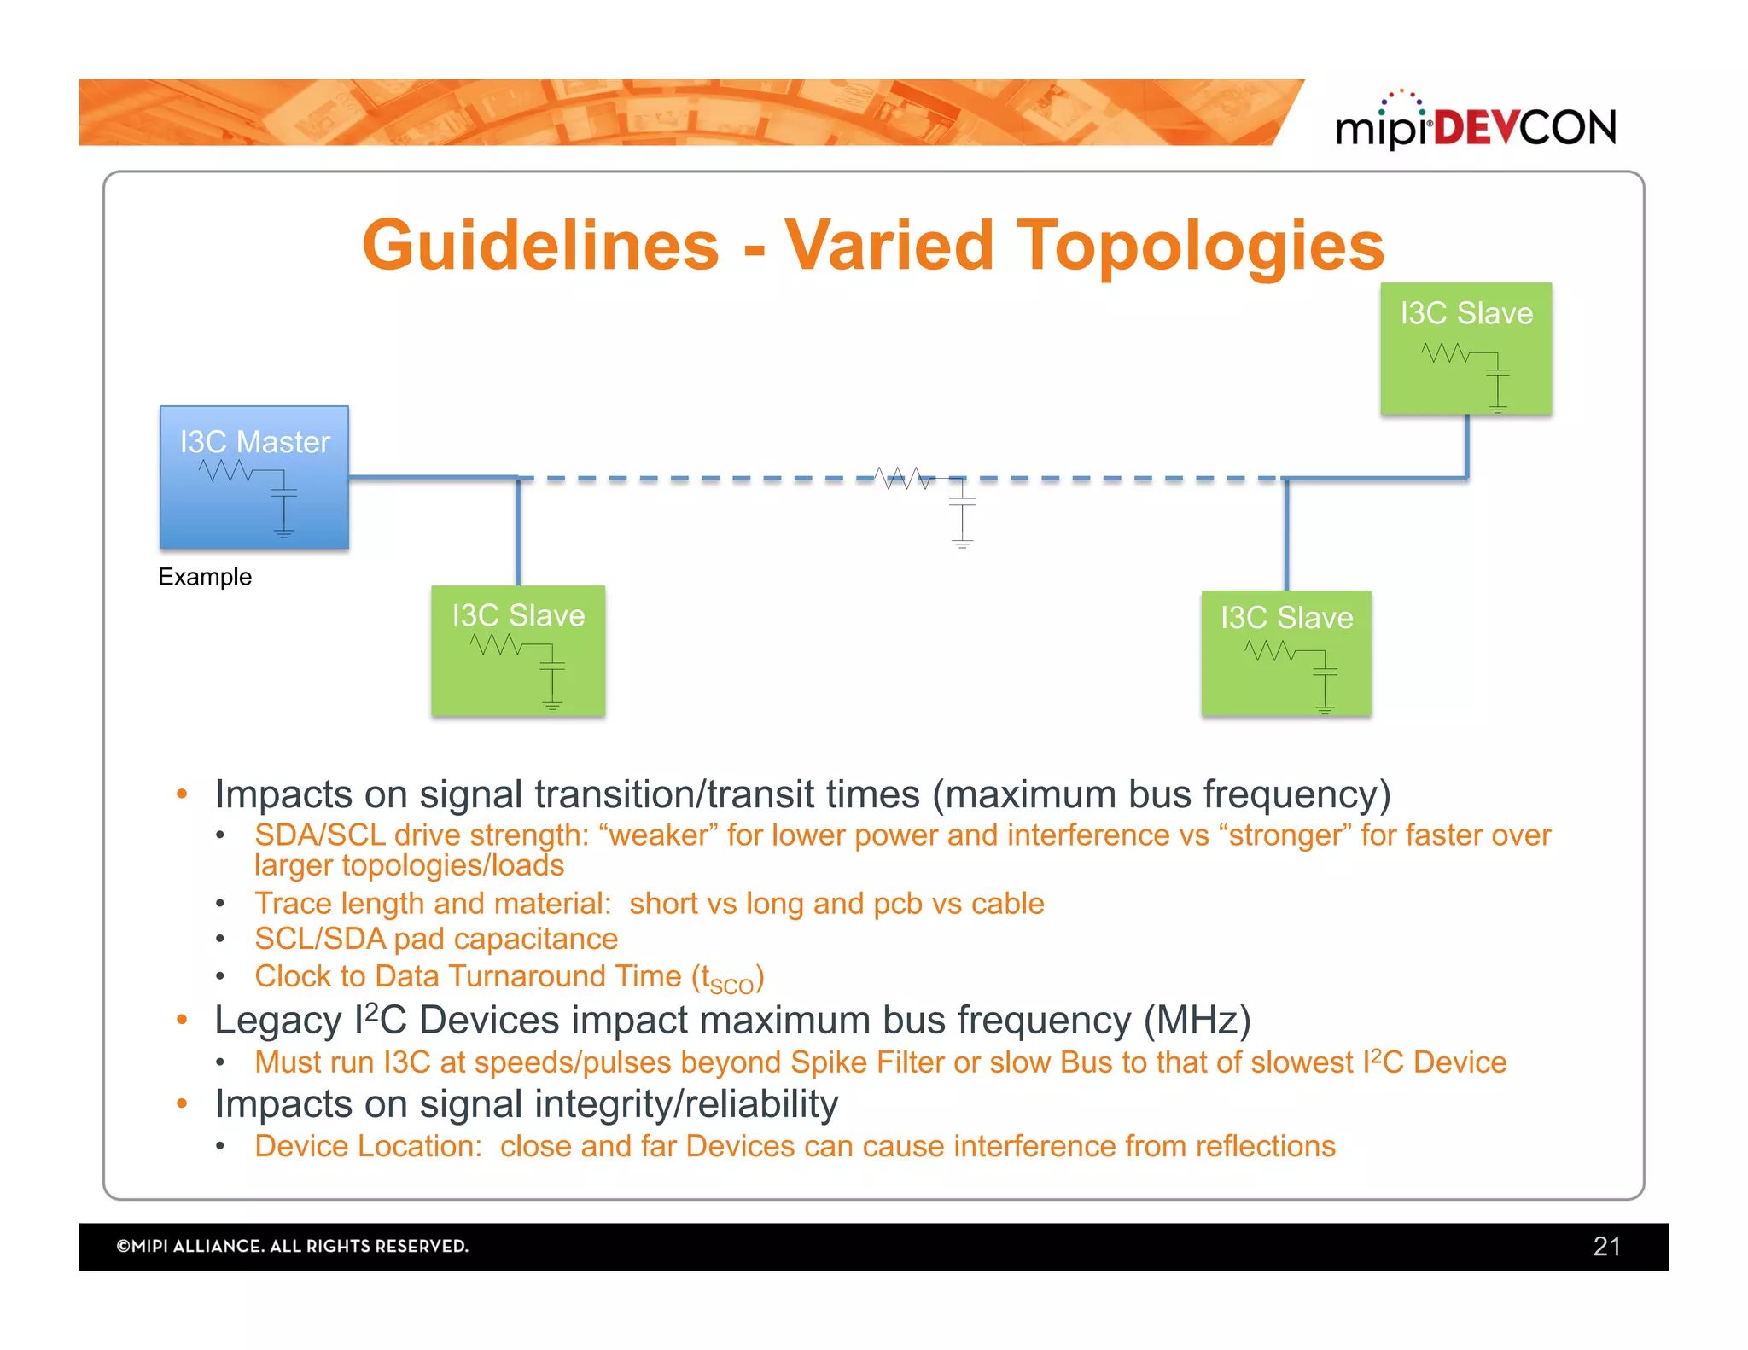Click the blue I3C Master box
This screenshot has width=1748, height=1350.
(254, 478)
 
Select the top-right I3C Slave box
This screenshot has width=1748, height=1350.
(1465, 349)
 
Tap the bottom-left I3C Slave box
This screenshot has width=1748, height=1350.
(518, 651)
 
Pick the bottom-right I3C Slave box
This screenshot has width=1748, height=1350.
(1286, 654)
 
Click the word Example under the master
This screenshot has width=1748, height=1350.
(205, 577)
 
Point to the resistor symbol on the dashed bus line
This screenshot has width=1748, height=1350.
(904, 478)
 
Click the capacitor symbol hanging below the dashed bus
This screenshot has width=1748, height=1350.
(962, 512)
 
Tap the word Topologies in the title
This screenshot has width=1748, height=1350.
(1201, 246)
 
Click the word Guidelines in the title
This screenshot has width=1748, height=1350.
(541, 246)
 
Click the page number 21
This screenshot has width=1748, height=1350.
(1606, 1247)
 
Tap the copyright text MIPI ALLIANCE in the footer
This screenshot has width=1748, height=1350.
(292, 1247)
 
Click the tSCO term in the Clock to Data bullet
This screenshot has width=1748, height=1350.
(727, 980)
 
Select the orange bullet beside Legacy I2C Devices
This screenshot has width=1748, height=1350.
(182, 1020)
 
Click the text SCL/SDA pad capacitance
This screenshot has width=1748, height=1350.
(435, 939)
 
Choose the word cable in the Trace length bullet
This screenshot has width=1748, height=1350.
(1007, 904)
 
